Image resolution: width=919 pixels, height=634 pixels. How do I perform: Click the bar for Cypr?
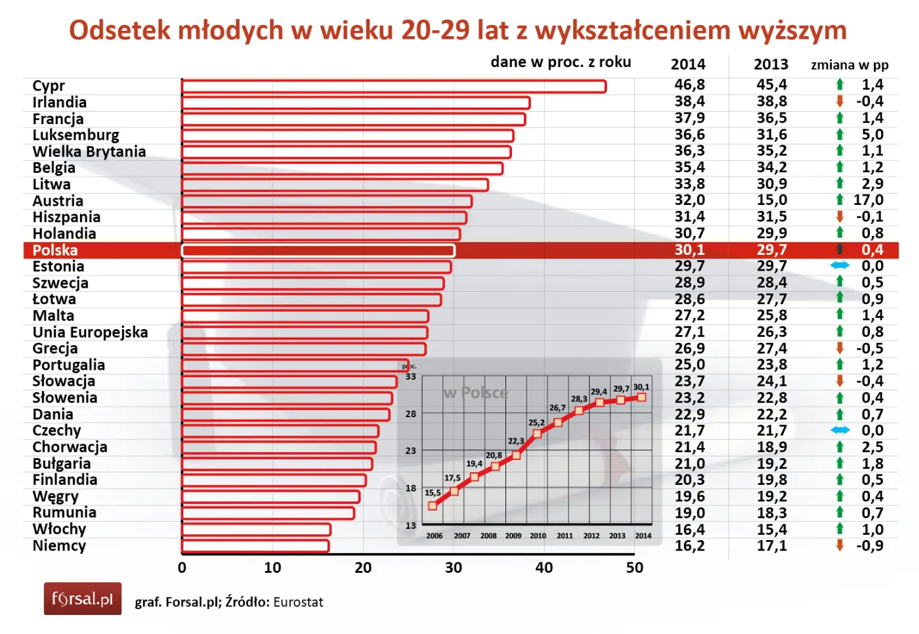394,86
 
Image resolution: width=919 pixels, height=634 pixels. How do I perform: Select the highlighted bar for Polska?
318,250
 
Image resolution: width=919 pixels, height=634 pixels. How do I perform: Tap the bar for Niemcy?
255,546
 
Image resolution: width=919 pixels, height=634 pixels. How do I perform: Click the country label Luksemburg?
76,135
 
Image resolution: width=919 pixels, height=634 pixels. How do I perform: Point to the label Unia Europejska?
91,332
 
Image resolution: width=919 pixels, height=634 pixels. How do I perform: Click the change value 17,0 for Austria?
868,200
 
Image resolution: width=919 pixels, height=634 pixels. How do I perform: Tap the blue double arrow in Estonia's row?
840,265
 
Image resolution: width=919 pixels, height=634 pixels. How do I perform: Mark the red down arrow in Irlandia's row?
840,101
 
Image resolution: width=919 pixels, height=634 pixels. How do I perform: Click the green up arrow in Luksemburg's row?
840,135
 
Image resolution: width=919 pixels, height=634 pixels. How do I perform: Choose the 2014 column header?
688,64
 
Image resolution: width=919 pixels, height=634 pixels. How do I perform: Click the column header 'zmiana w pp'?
849,65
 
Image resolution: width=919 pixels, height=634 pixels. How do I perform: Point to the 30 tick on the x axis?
454,568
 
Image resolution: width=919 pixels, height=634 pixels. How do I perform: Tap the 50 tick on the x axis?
634,568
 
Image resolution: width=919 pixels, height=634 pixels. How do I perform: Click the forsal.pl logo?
83,599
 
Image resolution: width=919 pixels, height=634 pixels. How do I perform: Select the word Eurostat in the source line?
298,602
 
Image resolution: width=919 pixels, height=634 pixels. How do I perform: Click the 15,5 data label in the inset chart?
433,493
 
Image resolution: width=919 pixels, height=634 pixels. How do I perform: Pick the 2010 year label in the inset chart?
538,535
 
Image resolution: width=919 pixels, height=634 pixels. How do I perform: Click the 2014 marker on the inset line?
642,397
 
